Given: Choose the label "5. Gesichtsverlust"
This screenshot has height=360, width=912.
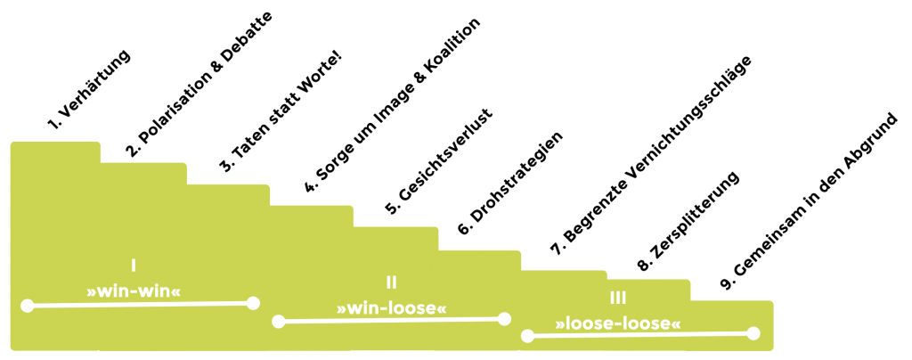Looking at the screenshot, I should coord(439,160).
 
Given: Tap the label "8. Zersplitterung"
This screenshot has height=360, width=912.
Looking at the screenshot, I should coord(689,222).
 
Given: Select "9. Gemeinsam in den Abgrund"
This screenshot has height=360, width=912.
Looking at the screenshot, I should coord(811,203).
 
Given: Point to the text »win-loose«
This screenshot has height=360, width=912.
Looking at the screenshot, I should coord(391,307).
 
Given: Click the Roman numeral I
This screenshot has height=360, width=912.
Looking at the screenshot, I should coord(133,265).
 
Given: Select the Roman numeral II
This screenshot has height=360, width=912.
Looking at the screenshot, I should coord(391,282).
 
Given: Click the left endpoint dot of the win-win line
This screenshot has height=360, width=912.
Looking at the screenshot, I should coord(27,306).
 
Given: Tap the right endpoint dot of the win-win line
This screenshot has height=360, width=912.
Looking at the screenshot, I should coord(253,303).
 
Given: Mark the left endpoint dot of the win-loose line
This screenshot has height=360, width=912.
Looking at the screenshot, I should coord(278,321).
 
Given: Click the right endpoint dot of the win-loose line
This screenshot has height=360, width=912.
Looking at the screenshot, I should coord(505,318).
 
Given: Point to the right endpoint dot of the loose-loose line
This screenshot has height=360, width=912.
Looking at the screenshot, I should coord(753,333).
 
